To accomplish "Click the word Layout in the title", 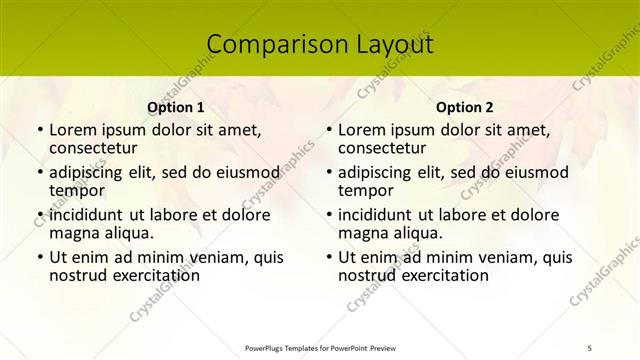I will (391, 45).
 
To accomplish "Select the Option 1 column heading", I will (176, 107).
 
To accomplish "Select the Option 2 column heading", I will (465, 107).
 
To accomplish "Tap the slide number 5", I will (589, 347).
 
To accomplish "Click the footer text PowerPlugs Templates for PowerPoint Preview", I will (320, 347).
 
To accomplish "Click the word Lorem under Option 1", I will (73, 130).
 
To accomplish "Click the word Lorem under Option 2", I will (362, 130).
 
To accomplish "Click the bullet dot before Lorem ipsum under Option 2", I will (328, 130).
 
